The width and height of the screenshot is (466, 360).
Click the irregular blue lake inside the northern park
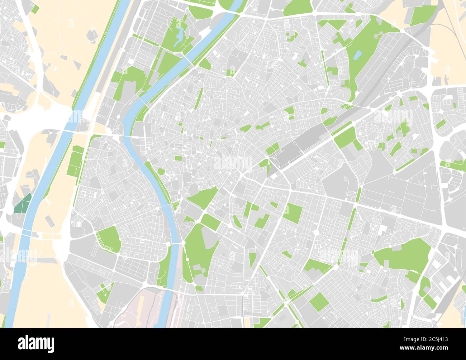point(179,37)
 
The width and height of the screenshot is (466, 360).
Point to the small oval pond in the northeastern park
point(358,55)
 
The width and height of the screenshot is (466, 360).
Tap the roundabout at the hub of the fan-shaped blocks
point(317,232)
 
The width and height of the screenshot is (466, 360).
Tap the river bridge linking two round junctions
point(176,244)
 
